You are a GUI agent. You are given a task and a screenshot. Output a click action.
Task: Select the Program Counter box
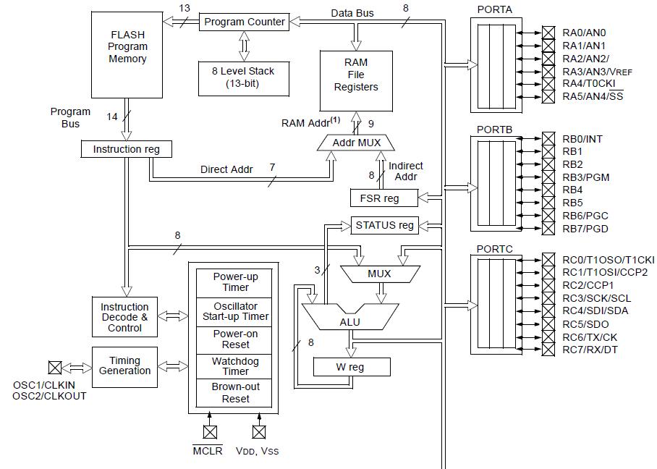(x=245, y=22)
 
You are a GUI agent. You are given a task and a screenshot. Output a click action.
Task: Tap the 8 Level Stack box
(x=244, y=77)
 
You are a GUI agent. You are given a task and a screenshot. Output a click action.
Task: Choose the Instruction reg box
(x=127, y=149)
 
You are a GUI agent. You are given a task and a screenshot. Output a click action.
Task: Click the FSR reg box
(x=384, y=198)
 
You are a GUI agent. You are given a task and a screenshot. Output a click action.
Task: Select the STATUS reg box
(x=384, y=225)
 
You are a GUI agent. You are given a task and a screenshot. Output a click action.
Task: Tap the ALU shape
(x=349, y=318)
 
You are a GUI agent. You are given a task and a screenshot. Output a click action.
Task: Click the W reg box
(x=350, y=367)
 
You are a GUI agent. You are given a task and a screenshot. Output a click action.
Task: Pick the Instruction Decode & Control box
(x=124, y=317)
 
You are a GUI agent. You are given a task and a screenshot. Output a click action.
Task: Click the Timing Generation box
(x=124, y=366)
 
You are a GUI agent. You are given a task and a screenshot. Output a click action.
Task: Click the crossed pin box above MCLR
(x=210, y=432)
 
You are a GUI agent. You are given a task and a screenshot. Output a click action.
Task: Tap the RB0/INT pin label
(x=582, y=138)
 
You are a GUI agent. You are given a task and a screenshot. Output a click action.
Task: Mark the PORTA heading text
(x=494, y=9)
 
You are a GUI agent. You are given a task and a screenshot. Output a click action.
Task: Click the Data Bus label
(x=352, y=13)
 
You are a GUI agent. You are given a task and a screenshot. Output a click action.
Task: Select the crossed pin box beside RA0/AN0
(x=548, y=33)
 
